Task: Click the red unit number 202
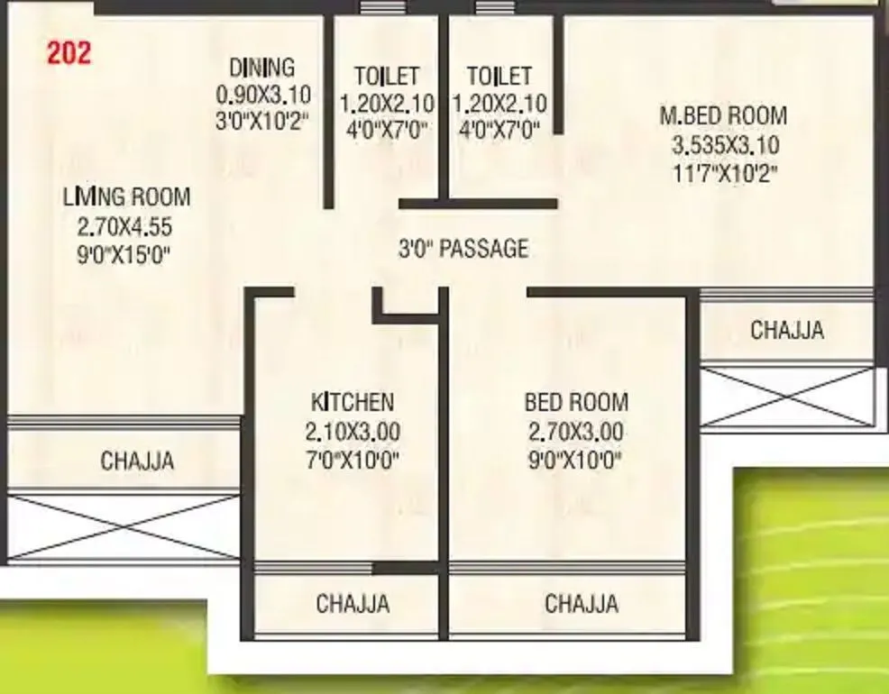point(69,53)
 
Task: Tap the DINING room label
point(261,68)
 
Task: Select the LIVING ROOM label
point(126,196)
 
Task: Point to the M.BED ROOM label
point(723,116)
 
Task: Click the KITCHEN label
point(353,402)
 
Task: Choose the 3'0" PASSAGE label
point(463,248)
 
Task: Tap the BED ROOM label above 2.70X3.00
point(577,402)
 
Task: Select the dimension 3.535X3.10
point(726,145)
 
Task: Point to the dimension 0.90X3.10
point(262,94)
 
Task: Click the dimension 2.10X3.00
point(353,432)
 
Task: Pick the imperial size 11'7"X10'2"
point(725,173)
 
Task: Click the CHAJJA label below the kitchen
point(353,603)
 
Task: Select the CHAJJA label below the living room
point(137,461)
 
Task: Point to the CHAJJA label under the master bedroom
point(787,330)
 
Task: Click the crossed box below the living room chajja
point(124,526)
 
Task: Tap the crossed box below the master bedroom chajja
point(788,396)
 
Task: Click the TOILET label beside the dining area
point(387,76)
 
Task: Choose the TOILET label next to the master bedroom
point(499,76)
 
